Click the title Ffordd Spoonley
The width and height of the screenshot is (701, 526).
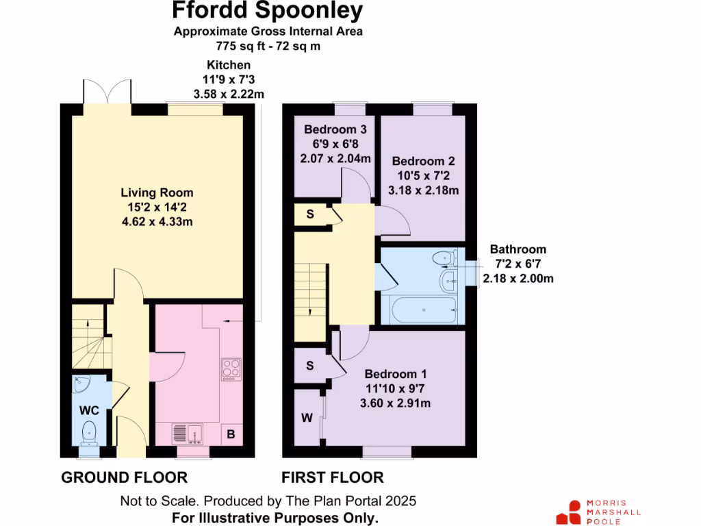tap(268, 11)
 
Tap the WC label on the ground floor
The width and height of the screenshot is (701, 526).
tap(90, 411)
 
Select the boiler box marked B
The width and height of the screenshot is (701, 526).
tap(231, 434)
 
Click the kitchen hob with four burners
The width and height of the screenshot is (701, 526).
tap(231, 369)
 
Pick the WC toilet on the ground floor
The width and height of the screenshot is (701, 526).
tap(89, 431)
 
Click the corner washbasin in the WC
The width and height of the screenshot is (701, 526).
tap(82, 384)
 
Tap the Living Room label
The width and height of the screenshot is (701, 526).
tap(157, 192)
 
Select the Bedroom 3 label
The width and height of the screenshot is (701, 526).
tap(335, 129)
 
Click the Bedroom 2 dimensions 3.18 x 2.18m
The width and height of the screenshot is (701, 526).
tap(423, 190)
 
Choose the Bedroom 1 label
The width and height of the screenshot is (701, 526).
tap(396, 374)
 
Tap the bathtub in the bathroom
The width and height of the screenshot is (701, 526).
tap(420, 311)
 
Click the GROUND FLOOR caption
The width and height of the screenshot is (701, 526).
tap(125, 477)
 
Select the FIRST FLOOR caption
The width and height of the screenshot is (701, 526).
tap(333, 477)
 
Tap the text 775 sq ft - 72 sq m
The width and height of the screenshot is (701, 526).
tap(268, 47)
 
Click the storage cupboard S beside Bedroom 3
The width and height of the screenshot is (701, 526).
tap(310, 214)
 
